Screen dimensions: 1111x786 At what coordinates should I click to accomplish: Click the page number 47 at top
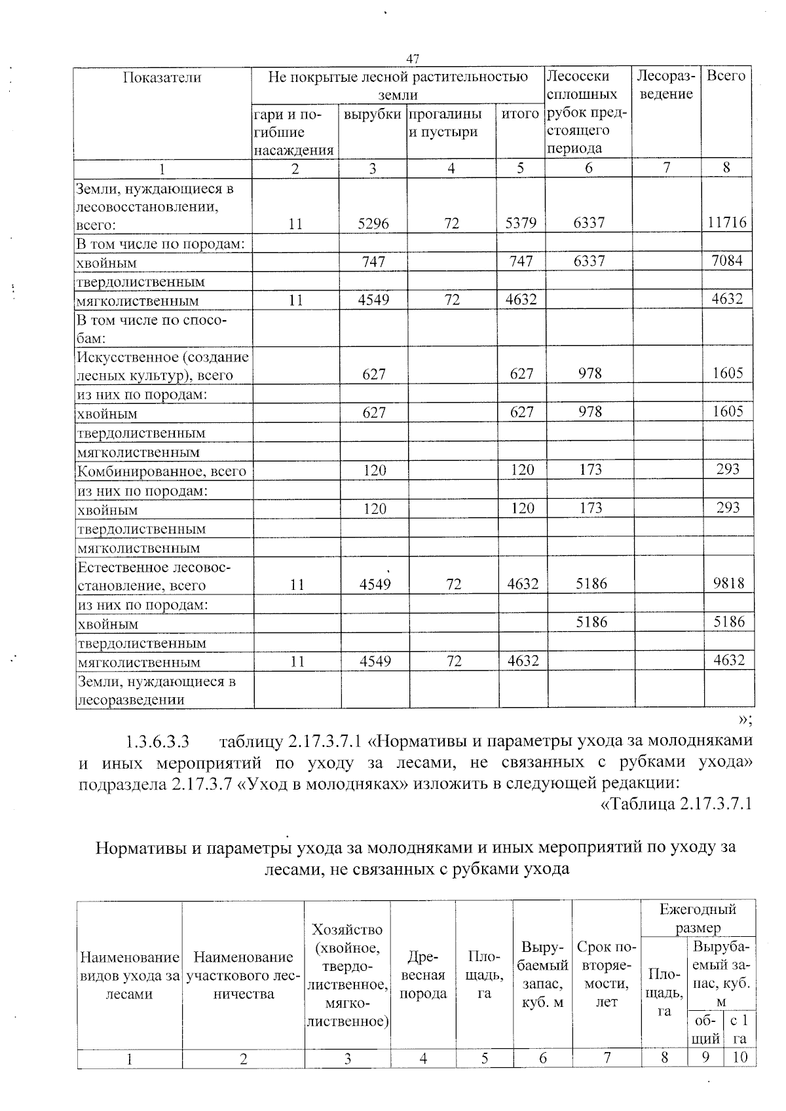tap(412, 59)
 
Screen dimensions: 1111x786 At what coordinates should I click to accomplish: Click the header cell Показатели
tap(162, 77)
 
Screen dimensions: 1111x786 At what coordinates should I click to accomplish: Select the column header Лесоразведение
tap(665, 85)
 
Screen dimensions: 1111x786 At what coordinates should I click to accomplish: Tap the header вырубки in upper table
tap(372, 115)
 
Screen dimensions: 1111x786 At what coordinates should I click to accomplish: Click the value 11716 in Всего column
tap(727, 223)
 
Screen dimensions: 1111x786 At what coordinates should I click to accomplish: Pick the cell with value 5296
tap(373, 223)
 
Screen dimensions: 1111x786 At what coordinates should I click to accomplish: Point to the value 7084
tap(727, 261)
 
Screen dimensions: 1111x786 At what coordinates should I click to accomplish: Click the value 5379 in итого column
tap(521, 223)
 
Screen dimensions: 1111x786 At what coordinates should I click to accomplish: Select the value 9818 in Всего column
tap(728, 583)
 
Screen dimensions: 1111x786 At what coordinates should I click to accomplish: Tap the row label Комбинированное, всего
tap(162, 471)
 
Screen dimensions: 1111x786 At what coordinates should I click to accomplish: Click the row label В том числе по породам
tap(161, 244)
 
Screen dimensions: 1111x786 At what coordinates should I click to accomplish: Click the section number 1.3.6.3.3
tap(157, 742)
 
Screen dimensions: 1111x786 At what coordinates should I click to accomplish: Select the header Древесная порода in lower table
tap(423, 975)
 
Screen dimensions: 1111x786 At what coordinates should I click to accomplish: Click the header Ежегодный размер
tap(698, 918)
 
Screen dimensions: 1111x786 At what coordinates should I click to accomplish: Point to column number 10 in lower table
tap(740, 1058)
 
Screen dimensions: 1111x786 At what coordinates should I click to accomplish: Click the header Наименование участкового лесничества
tap(243, 975)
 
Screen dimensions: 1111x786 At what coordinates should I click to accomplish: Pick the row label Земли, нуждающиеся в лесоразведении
tap(157, 690)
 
